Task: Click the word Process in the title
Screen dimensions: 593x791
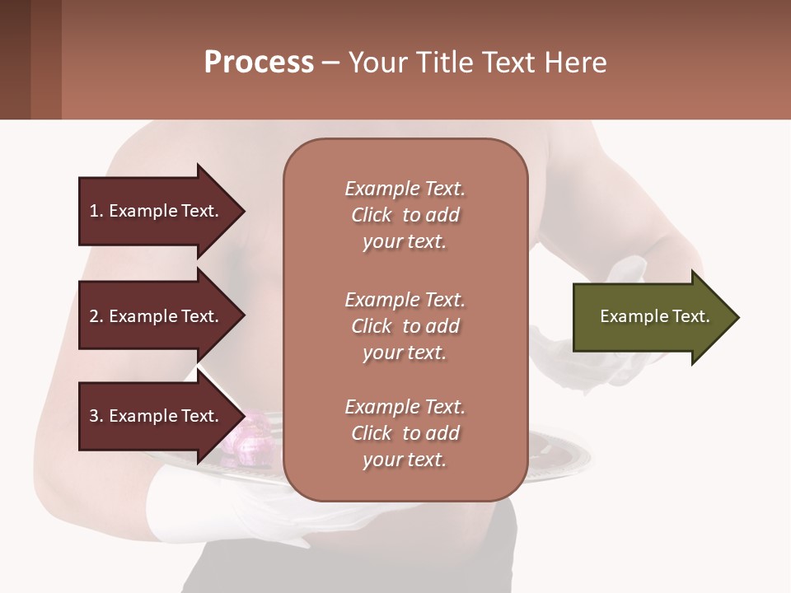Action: [x=259, y=63]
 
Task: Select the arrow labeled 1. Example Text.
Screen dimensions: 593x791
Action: [x=157, y=211]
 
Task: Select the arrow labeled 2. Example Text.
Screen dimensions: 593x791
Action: [x=157, y=316]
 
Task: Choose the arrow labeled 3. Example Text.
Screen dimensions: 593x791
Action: [x=157, y=416]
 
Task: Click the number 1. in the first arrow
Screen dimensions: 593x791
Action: [x=96, y=211]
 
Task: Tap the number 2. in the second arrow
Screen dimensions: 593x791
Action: [x=96, y=316]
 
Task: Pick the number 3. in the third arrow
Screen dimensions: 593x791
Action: [x=96, y=416]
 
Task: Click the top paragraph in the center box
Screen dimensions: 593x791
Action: [x=405, y=215]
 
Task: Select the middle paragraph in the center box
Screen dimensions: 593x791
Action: [x=405, y=326]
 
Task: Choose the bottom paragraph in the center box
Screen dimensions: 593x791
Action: [x=405, y=433]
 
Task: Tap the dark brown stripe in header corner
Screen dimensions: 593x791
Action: [x=15, y=59]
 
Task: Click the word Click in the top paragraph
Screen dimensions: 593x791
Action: [x=372, y=215]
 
